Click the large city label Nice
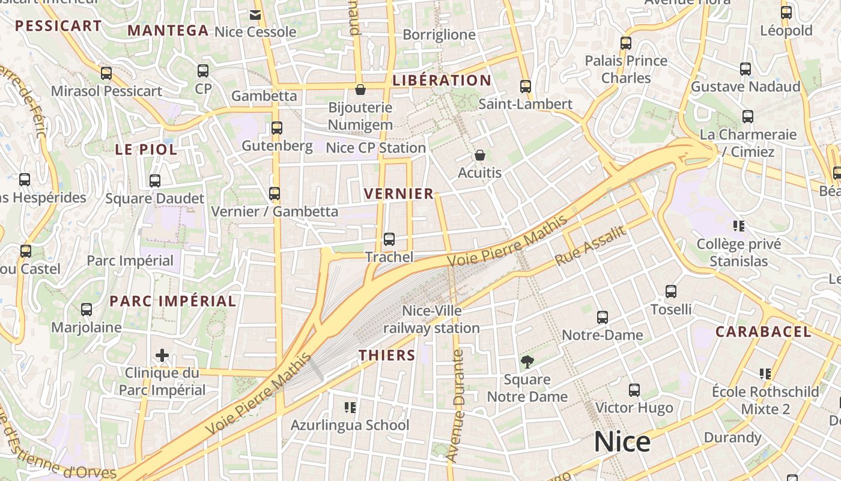[x=622, y=442]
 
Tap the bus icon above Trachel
[x=389, y=239]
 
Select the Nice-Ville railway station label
[x=431, y=319]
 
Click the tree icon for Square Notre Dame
[x=527, y=361]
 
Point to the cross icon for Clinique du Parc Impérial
[x=162, y=355]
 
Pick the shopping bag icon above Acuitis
[x=479, y=155]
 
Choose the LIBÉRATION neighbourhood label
[x=442, y=81]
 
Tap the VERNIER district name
[x=399, y=194]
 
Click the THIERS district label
[x=387, y=355]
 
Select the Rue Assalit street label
[x=590, y=245]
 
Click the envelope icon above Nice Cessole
[x=255, y=14]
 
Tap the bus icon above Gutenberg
[x=276, y=128]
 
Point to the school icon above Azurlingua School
[x=350, y=408]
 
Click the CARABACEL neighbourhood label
[x=763, y=331]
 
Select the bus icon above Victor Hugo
[x=634, y=390]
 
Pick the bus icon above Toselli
[x=671, y=292]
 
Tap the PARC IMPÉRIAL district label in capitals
[x=172, y=301]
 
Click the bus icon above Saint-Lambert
[x=526, y=87]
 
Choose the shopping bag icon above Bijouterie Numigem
[x=360, y=90]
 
